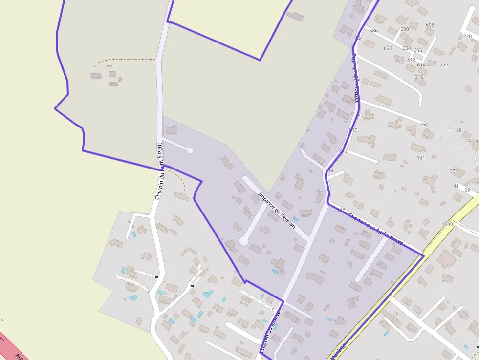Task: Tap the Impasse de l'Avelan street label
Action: pyautogui.click(x=277, y=211)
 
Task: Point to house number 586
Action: pyautogui.click(x=374, y=31)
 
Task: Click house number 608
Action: pyautogui.click(x=430, y=25)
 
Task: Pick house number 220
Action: pyautogui.click(x=467, y=36)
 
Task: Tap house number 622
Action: pyautogui.click(x=388, y=48)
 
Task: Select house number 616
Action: pyautogui.click(x=419, y=77)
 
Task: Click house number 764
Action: pyautogui.click(x=424, y=125)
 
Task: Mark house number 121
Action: pyautogui.click(x=421, y=158)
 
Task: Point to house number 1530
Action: pyautogui.click(x=447, y=224)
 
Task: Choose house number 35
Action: pyautogui.click(x=453, y=171)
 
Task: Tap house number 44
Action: pyautogui.click(x=456, y=186)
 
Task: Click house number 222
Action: pyautogui.click(x=444, y=65)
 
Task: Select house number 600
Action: pyautogui.click(x=404, y=29)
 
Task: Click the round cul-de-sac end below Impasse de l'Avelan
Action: pyautogui.click(x=243, y=241)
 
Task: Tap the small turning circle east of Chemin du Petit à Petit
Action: pyautogui.click(x=191, y=151)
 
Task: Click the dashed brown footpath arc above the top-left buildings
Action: pyautogui.click(x=122, y=60)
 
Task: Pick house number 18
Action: pyautogui.click(x=459, y=130)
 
